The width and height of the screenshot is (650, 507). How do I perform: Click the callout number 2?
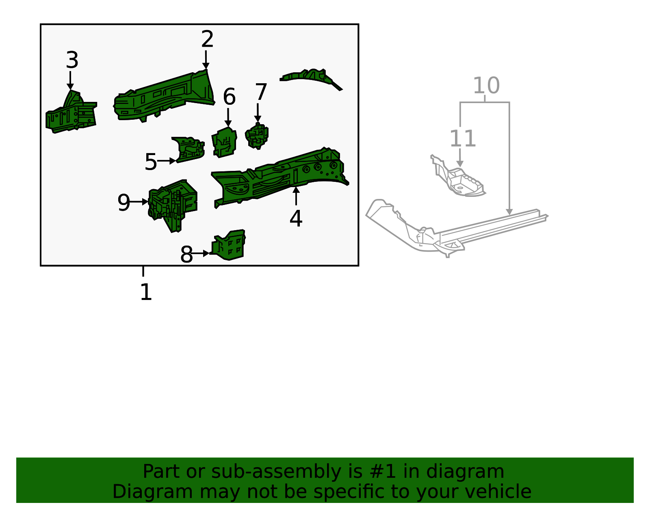[x=207, y=39]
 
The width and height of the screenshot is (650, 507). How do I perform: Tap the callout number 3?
[x=72, y=60]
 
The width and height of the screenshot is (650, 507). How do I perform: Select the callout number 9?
[x=123, y=203]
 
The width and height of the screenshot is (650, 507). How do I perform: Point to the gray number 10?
[x=486, y=86]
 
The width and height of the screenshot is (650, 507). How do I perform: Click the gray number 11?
[x=462, y=139]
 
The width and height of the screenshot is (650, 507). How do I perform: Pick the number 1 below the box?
[x=145, y=292]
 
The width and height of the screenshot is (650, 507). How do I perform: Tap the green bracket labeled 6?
[x=224, y=142]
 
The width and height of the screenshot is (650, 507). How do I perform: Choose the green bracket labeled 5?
[x=189, y=149]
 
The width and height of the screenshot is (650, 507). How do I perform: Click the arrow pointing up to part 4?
[x=296, y=196]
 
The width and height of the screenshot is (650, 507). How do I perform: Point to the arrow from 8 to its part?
[x=201, y=253]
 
